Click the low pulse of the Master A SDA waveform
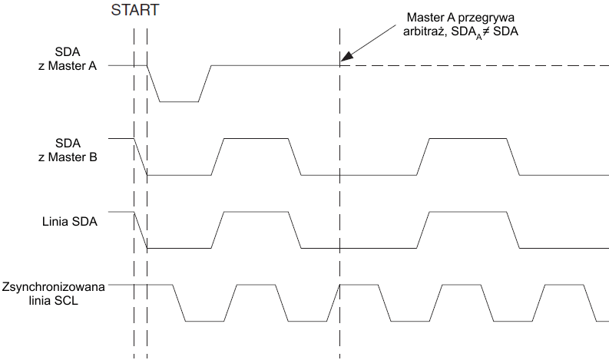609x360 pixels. pos(179,101)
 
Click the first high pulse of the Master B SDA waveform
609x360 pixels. pos(256,138)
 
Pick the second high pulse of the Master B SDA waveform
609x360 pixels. pos(468,138)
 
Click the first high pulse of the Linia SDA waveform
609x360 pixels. pos(256,212)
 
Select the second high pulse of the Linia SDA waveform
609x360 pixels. pos(468,212)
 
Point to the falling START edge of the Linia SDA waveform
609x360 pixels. pos(141,230)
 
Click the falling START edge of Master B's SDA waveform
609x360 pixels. pos(141,157)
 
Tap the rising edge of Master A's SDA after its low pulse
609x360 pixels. pos(205,83)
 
